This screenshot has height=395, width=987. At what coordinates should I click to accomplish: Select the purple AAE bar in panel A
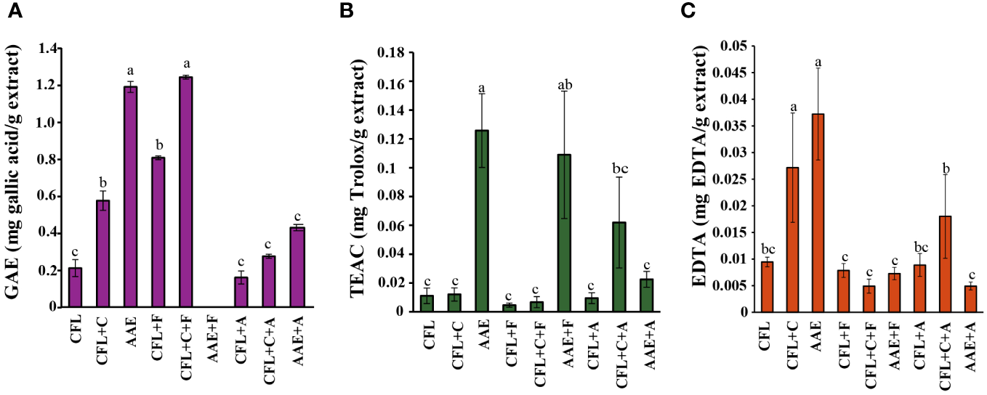click(x=131, y=197)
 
